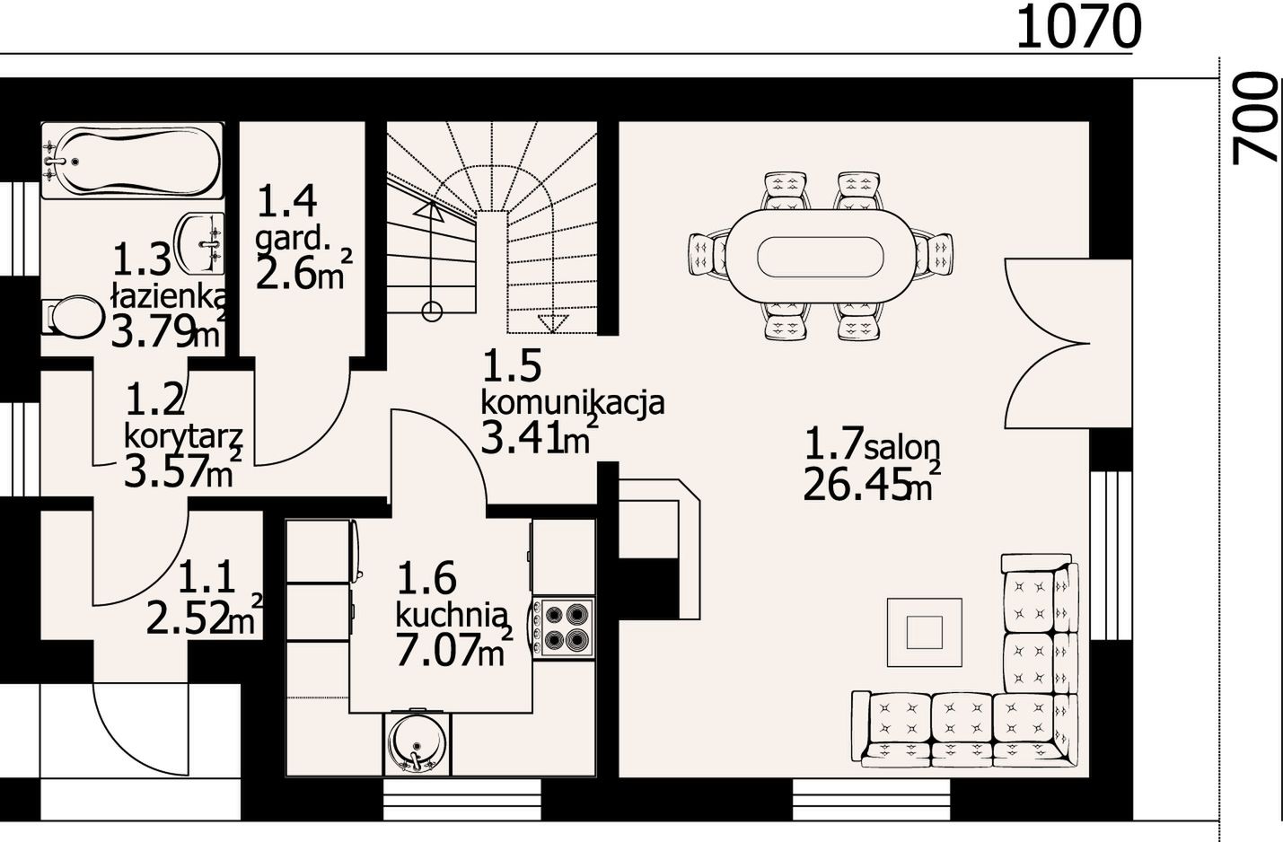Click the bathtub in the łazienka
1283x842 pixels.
(x=131, y=161)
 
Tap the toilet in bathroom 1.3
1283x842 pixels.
(x=73, y=316)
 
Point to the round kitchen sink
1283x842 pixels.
(x=417, y=742)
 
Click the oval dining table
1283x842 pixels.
(x=821, y=255)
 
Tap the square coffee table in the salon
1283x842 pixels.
(x=925, y=632)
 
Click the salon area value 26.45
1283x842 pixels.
(x=857, y=484)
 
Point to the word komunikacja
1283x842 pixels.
(x=572, y=402)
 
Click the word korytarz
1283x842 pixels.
(x=184, y=437)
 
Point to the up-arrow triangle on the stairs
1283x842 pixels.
(x=428, y=211)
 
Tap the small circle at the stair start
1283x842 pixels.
(x=431, y=311)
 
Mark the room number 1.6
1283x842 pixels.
(x=426, y=578)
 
